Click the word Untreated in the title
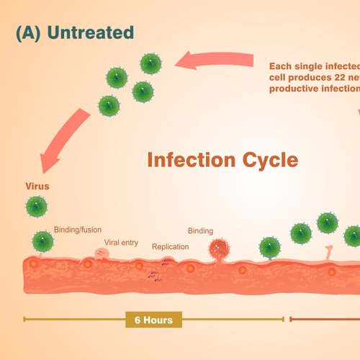[x=92, y=32]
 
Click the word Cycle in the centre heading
[x=266, y=159]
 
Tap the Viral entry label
[x=121, y=243]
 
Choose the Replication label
[x=170, y=247]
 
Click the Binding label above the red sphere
[x=200, y=231]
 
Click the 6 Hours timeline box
[x=153, y=320]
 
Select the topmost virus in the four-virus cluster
[x=150, y=63]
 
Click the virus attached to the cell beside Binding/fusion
[x=42, y=241]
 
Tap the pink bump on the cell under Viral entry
[x=102, y=254]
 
